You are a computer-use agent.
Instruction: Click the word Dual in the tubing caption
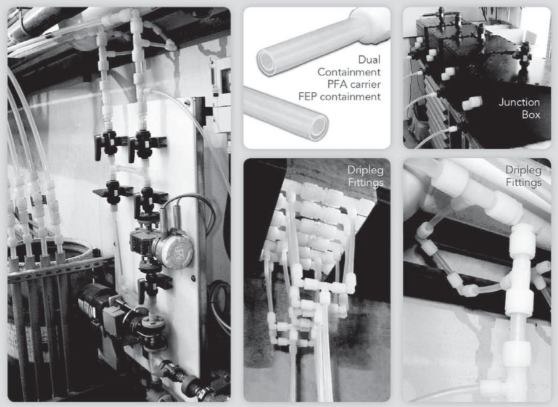(369, 59)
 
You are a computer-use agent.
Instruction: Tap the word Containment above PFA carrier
(349, 72)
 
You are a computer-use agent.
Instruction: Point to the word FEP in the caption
(308, 96)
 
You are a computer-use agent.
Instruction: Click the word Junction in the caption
(519, 102)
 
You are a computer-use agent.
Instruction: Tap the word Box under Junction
(531, 115)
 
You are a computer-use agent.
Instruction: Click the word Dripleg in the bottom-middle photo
(366, 170)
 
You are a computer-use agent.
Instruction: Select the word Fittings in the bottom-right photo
(523, 183)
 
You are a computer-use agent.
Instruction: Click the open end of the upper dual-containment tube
(266, 63)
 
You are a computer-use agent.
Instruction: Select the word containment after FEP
(350, 96)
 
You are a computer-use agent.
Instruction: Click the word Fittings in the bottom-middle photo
(366, 183)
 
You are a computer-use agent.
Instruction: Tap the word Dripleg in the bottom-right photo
(523, 170)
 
